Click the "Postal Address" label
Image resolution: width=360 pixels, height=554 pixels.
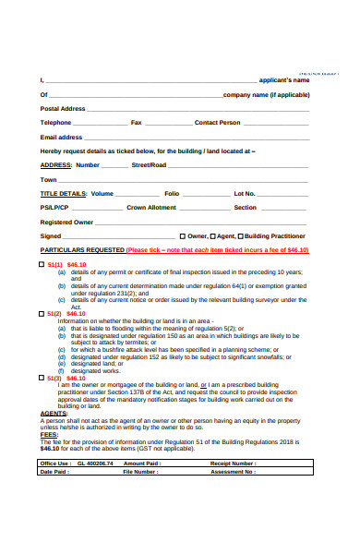(63, 108)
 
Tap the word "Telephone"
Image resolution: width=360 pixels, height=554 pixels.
(55, 122)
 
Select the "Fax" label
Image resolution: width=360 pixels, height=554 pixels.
(137, 122)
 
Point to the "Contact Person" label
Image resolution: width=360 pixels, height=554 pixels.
(217, 122)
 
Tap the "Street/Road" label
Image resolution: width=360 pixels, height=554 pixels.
(149, 164)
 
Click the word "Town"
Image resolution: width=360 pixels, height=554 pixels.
(49, 179)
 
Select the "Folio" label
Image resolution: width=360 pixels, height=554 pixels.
(172, 193)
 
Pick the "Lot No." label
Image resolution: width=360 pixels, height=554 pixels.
(245, 193)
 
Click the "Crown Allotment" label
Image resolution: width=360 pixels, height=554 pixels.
(150, 207)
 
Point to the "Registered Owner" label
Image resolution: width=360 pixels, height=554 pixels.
(66, 222)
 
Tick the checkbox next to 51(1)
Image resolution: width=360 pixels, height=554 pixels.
(42, 264)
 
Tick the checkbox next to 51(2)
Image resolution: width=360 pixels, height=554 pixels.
(42, 313)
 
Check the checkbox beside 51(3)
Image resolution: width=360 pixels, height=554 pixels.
(42, 377)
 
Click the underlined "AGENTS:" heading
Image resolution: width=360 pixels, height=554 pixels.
(54, 413)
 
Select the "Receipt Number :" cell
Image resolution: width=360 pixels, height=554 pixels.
(234, 463)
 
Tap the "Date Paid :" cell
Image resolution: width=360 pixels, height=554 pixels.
(54, 471)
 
